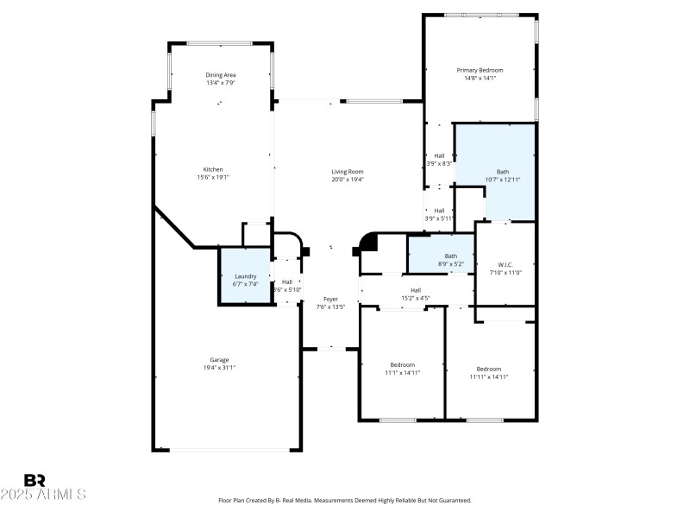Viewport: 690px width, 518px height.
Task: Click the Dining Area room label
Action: tap(221, 75)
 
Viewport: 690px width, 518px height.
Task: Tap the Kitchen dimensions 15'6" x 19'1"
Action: tap(213, 177)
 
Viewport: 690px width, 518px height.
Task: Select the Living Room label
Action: tap(348, 171)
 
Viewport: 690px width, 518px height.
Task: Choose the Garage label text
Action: tap(219, 360)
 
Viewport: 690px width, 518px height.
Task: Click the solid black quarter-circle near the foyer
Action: tap(369, 242)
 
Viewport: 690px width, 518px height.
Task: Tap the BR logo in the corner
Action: tap(34, 480)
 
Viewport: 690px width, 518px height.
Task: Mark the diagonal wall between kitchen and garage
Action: tap(174, 226)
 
